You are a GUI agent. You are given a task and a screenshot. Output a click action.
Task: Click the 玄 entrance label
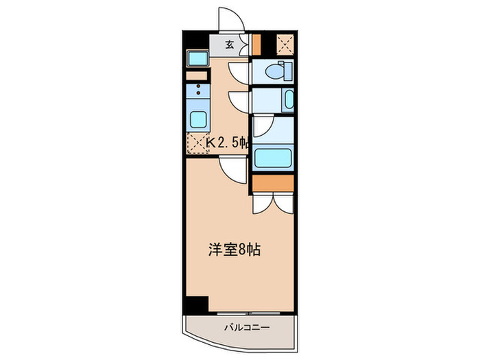pyautogui.click(x=230, y=45)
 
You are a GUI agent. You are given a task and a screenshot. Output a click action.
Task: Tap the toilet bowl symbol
pyautogui.click(x=277, y=70)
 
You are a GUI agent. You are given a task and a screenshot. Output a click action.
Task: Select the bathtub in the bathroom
pyautogui.click(x=274, y=157)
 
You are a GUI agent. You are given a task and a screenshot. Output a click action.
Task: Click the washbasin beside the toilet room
pyautogui.click(x=288, y=100)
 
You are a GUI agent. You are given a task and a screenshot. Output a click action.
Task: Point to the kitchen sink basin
pyautogui.click(x=198, y=119)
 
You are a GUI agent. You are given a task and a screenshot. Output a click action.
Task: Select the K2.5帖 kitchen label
pyautogui.click(x=227, y=143)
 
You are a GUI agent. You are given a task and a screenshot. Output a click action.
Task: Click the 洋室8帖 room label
pyautogui.click(x=234, y=250)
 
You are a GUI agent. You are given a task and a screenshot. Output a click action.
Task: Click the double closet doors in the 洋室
pyautogui.click(x=272, y=202)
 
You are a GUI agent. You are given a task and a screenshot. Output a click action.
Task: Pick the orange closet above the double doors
pyautogui.click(x=272, y=182)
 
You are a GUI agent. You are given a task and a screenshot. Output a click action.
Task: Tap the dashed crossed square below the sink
pyautogui.click(x=197, y=143)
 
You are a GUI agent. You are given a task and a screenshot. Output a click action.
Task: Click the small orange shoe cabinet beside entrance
pyautogui.click(x=256, y=44)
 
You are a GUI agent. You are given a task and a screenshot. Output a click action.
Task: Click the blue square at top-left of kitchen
pyautogui.click(x=197, y=58)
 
